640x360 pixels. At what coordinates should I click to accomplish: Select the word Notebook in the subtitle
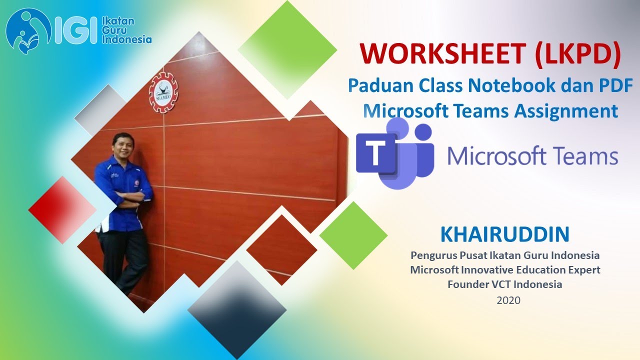511,85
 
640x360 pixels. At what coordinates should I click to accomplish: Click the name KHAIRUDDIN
505,233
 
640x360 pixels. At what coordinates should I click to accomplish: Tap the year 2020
508,300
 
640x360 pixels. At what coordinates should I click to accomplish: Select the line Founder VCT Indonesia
505,284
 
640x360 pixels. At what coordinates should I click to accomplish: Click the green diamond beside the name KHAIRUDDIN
353,235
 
